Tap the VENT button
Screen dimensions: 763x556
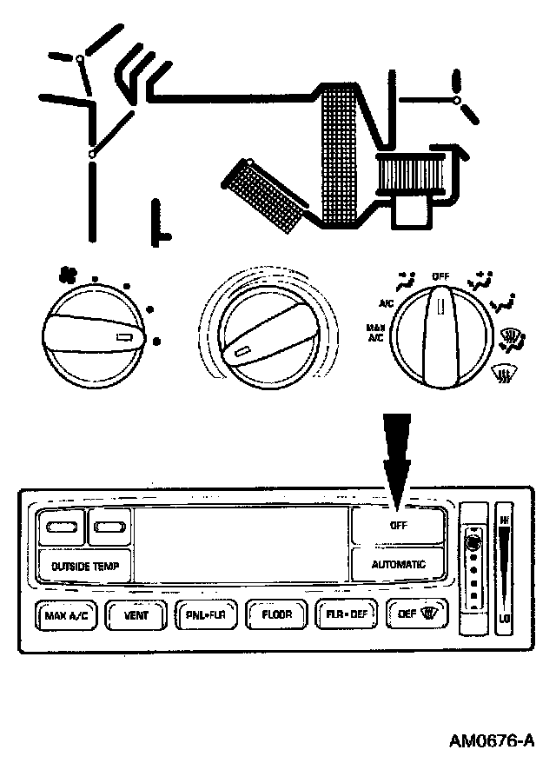[x=136, y=615]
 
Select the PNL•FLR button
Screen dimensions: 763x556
[x=206, y=615]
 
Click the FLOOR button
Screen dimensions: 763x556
[x=276, y=615]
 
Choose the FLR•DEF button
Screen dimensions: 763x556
[x=347, y=615]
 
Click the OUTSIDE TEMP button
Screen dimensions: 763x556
[x=85, y=566]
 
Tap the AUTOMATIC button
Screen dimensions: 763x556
[x=399, y=564]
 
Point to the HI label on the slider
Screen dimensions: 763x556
[x=505, y=521]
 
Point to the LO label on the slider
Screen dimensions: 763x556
[x=505, y=619]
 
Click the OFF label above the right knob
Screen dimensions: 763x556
[x=440, y=275]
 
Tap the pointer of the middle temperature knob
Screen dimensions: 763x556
[x=240, y=350]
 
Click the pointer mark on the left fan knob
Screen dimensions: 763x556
[x=123, y=336]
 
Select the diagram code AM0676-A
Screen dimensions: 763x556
[x=490, y=741]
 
